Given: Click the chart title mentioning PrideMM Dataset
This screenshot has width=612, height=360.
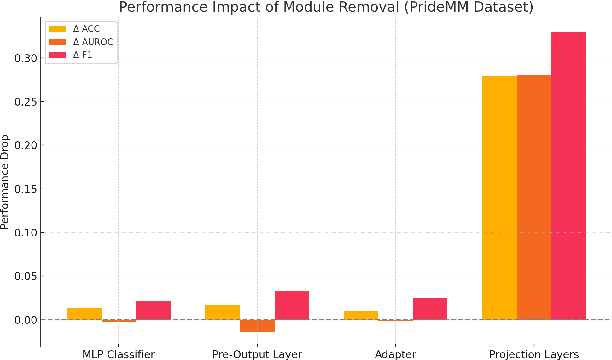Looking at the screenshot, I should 310,8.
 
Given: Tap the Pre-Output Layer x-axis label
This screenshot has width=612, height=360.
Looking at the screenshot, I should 257,352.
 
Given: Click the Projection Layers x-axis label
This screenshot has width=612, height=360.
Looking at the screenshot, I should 533,352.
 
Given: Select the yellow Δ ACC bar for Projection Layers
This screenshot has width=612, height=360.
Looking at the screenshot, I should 499,198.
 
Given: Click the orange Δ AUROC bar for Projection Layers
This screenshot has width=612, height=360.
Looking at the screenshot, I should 533,197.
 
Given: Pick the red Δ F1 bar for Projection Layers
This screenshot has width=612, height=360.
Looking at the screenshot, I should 568,176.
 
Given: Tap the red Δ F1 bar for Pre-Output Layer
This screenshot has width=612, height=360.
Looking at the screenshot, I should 291,305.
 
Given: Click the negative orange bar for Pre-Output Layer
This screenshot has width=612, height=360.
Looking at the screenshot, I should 257,326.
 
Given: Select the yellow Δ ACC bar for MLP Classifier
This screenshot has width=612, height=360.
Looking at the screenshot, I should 84,314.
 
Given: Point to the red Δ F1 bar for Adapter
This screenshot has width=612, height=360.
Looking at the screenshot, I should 430,309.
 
